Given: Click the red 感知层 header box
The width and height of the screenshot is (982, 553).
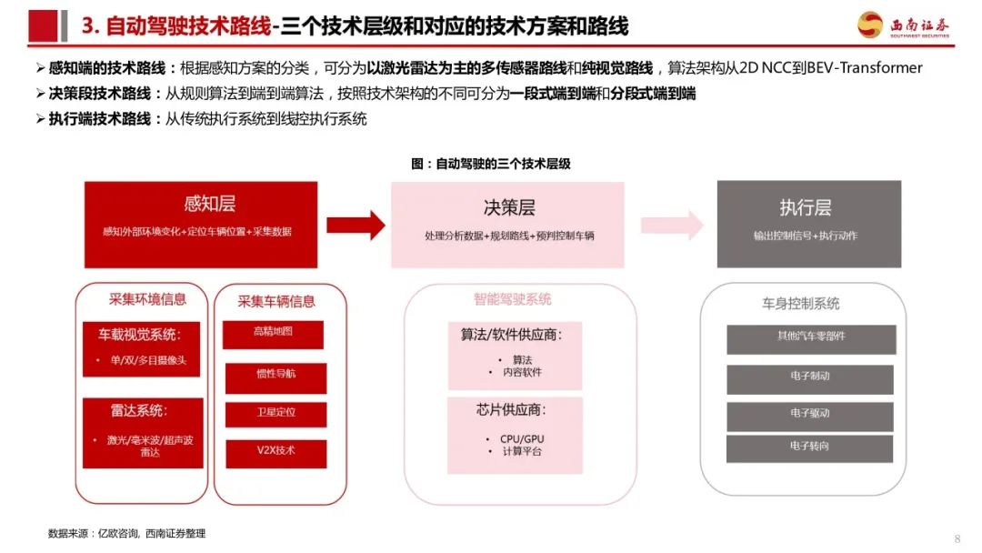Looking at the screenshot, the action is tap(201, 225).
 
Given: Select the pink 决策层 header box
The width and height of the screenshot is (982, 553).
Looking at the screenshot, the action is tap(507, 225).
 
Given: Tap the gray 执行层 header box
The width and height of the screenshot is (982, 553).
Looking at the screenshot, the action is tap(809, 225).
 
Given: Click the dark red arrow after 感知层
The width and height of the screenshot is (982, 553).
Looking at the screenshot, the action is tap(356, 226).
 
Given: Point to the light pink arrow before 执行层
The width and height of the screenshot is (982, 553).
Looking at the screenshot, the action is tap(672, 225).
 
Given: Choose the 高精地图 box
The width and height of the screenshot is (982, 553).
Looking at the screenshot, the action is tap(273, 335).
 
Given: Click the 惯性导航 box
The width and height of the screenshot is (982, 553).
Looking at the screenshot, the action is tap(276, 378).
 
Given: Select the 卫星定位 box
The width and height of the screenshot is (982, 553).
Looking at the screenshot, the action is tap(276, 415).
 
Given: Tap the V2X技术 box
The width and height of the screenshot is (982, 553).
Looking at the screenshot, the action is tap(276, 454).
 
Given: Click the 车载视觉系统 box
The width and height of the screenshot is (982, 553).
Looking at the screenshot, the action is tap(141, 349).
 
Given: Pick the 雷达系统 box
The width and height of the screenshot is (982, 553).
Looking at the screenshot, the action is tap(143, 433).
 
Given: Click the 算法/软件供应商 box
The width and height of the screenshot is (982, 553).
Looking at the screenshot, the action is tap(515, 356).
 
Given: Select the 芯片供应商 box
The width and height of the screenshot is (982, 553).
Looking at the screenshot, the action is tap(515, 436).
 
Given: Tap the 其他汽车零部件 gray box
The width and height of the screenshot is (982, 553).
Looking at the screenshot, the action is tap(811, 339).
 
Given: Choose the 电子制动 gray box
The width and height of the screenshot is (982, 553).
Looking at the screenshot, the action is tap(810, 379).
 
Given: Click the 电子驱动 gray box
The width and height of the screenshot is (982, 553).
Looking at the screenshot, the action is tap(810, 417).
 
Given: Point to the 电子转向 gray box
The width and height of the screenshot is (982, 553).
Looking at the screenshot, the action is tap(809, 449).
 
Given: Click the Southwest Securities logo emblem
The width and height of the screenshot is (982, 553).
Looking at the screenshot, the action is tap(870, 25).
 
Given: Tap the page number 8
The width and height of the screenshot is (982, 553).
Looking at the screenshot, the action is tap(957, 538).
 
